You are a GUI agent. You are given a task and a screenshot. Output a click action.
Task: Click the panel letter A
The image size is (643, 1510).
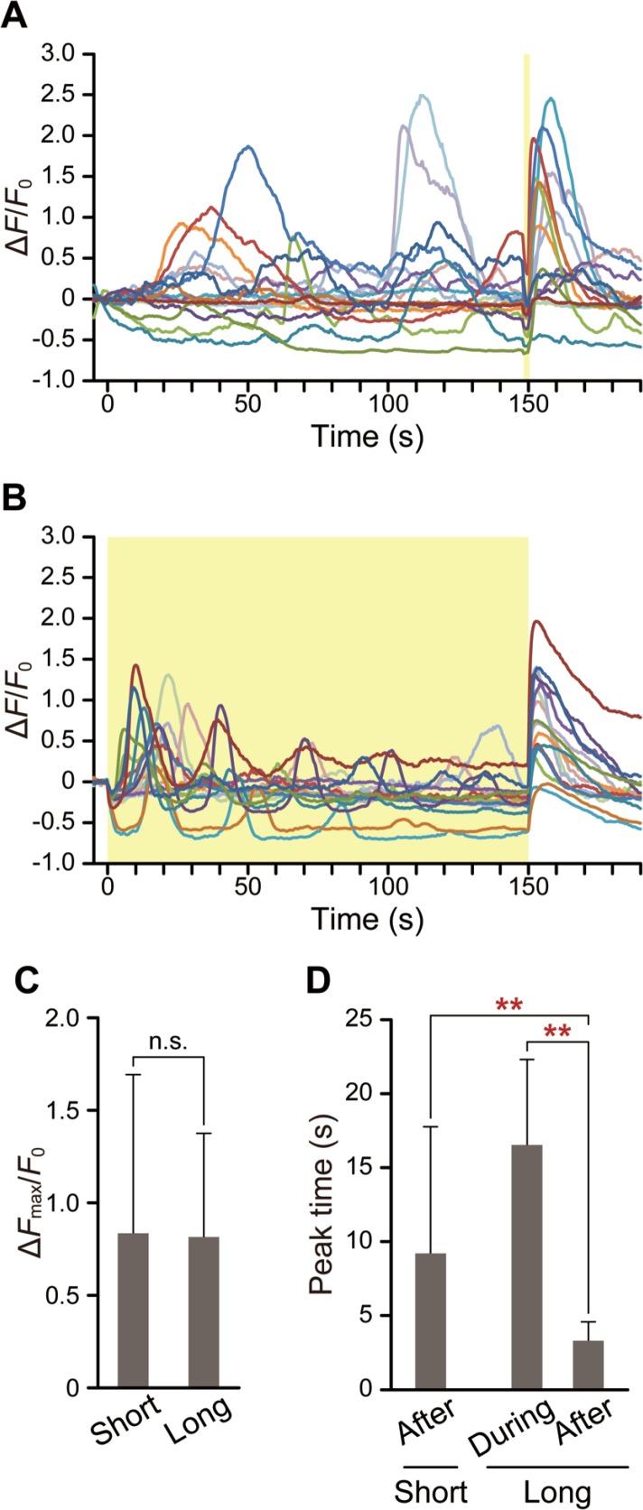click(14, 19)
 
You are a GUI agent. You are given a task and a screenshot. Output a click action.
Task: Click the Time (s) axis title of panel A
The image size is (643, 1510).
click(368, 437)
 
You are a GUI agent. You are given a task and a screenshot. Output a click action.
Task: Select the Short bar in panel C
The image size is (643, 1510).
click(133, 1310)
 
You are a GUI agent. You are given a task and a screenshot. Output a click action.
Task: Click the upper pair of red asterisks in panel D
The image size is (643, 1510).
click(510, 1005)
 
